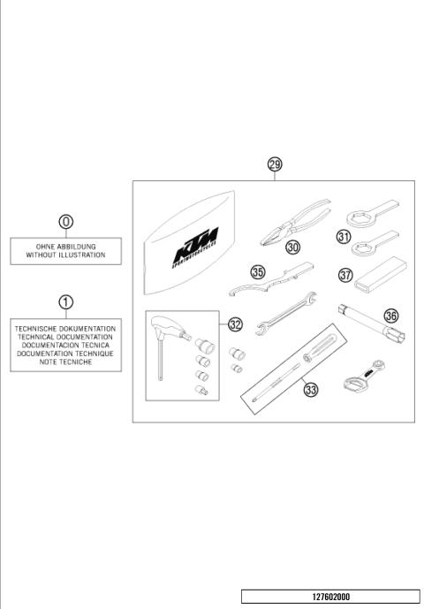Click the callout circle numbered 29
click(x=275, y=164)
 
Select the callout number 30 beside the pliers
click(x=293, y=248)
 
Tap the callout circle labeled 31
click(x=344, y=236)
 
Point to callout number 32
click(x=235, y=324)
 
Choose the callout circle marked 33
click(x=310, y=387)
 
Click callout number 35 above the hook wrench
click(x=258, y=272)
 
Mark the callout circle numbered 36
click(x=391, y=315)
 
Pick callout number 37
click(x=345, y=275)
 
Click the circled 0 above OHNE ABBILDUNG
click(x=66, y=222)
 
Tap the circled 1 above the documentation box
click(x=66, y=302)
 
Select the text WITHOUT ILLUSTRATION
click(x=66, y=255)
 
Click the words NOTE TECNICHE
click(x=66, y=362)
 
